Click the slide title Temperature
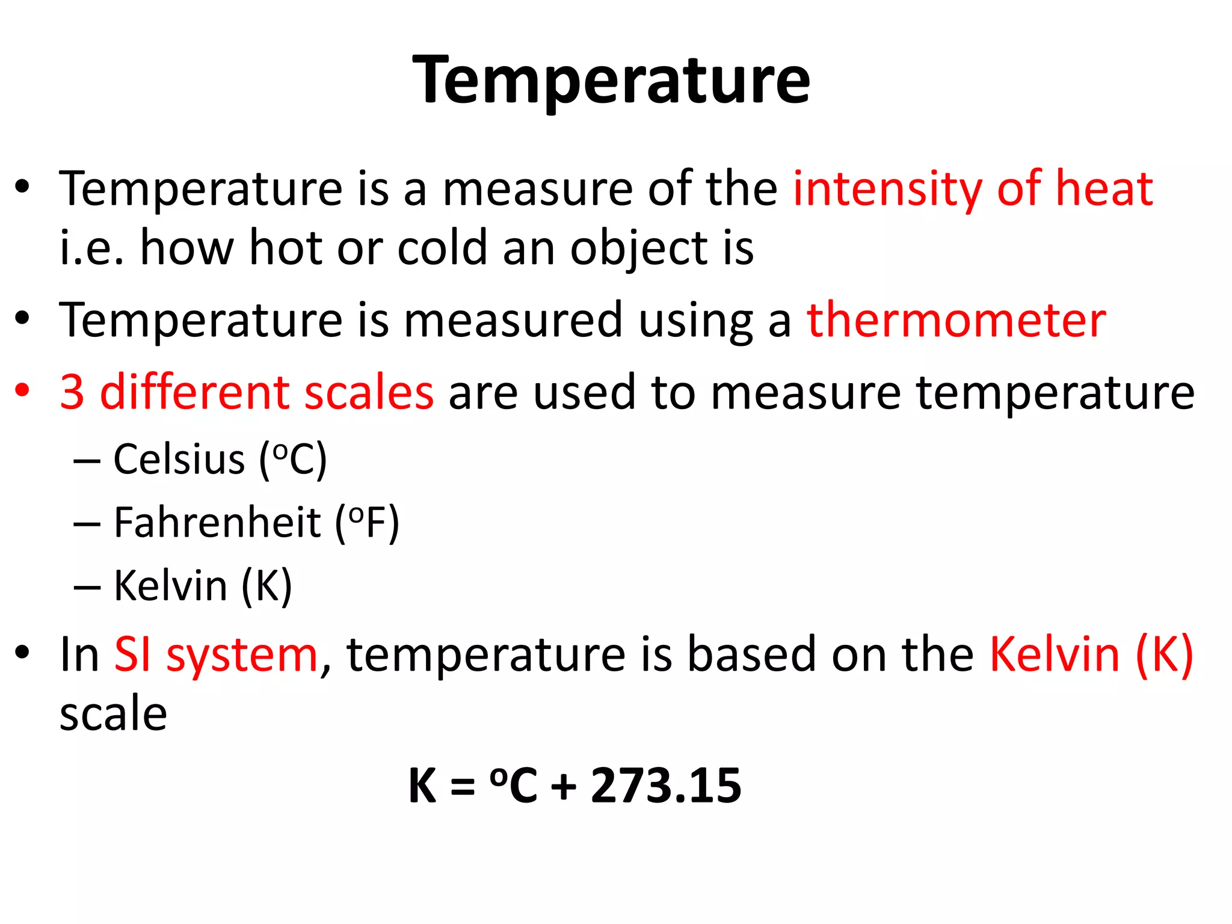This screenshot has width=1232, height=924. pos(611,81)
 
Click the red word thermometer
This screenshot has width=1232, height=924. pos(956,320)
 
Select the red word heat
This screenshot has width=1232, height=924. pos(1104,189)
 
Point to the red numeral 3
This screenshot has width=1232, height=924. pos(72,392)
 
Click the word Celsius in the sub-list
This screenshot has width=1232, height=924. pos(179,460)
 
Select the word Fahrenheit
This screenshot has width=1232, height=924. pos(217,522)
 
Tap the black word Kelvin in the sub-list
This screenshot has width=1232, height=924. pos(170,585)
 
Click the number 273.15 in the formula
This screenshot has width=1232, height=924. pos(666,786)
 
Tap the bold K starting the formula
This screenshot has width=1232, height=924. pos(422,786)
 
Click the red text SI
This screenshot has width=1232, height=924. pos(133,654)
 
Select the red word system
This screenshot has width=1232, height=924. pos(242,656)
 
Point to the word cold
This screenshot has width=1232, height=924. pos(442,248)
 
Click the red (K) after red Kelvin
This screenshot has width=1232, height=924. pos(1165,654)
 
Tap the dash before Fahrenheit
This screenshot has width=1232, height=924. pos(87,523)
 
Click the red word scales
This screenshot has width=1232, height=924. pos(369,392)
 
